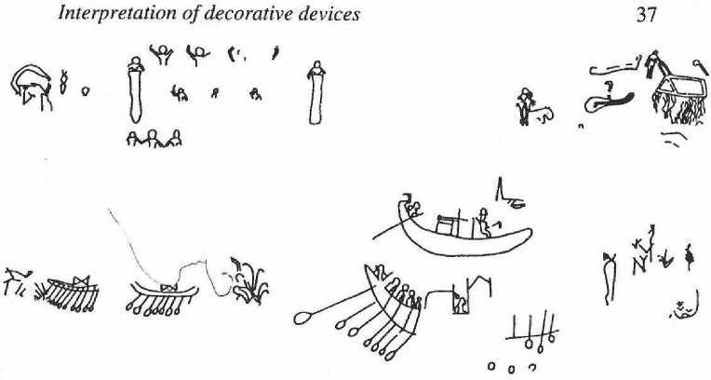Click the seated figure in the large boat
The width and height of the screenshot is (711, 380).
click(x=484, y=224)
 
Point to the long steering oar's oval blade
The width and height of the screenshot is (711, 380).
click(x=304, y=318)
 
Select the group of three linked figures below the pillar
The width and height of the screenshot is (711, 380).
click(x=153, y=139)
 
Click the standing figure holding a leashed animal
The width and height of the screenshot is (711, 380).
click(x=526, y=105)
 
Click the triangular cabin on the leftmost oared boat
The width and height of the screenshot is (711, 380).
click(x=78, y=279)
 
